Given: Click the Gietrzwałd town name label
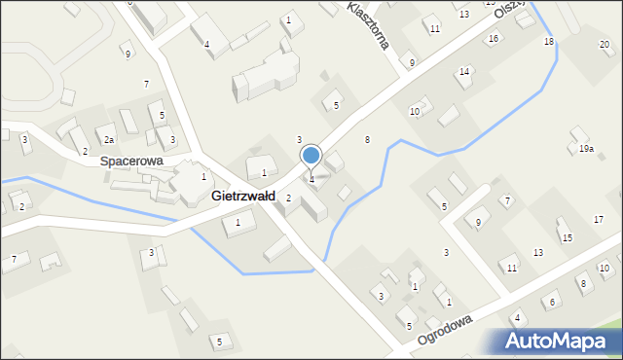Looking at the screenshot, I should tap(242, 196).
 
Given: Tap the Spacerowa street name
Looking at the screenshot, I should tap(131, 161).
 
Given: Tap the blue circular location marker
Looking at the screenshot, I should tap(311, 155).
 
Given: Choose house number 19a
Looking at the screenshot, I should tap(586, 149).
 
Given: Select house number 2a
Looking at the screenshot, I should tap(110, 140).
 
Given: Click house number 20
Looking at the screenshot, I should tap(605, 45).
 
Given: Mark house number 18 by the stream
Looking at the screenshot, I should tap(549, 42).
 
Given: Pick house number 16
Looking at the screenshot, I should tap(494, 38).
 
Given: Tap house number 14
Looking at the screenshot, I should tap(464, 72).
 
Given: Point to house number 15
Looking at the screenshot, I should tap(567, 238).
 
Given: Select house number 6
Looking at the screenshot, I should tap(551, 303).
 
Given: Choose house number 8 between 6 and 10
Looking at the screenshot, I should tap(582, 283).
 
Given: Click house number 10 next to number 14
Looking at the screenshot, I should tap(414, 112).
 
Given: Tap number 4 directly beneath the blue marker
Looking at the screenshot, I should tap(311, 179).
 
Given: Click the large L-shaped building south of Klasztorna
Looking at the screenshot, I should tap(265, 75).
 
